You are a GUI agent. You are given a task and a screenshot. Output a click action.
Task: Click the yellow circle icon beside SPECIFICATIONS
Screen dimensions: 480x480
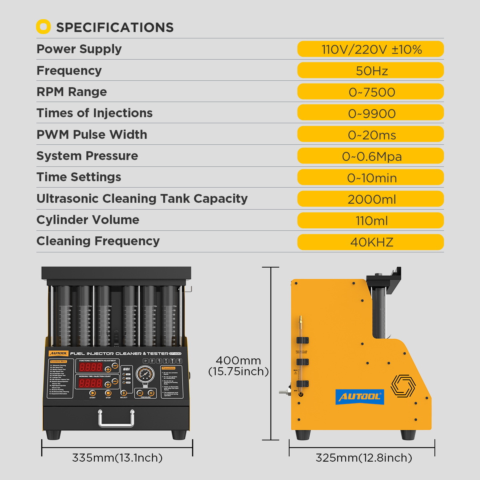[x=43, y=27]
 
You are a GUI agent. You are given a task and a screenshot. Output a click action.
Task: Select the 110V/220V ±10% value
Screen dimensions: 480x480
[x=371, y=49]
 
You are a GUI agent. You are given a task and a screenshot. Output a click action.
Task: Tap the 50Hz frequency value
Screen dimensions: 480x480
[x=371, y=71]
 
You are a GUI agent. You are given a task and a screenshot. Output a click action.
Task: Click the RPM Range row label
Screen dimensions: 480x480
[x=72, y=92]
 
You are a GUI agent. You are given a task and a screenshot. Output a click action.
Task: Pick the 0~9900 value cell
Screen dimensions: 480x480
[x=371, y=113]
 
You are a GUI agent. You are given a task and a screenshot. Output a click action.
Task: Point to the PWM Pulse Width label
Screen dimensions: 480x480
[x=92, y=134]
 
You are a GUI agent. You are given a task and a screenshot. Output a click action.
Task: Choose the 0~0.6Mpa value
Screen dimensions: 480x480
[x=371, y=156]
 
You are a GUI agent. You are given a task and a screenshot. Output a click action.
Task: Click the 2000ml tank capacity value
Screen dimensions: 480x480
[x=371, y=199]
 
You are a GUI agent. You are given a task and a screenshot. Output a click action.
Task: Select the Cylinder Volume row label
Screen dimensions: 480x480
[x=88, y=220]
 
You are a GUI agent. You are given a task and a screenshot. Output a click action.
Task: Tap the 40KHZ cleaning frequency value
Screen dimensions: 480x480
[x=371, y=242]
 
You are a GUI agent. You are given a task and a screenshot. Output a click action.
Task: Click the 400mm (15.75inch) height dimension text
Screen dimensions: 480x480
[x=238, y=366]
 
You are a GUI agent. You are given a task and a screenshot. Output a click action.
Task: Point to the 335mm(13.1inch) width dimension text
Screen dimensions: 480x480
[x=117, y=458]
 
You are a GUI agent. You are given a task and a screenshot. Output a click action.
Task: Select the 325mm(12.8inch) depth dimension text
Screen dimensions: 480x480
[x=364, y=458]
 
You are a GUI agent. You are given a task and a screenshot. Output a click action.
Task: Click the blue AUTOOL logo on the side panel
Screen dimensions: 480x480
[x=360, y=396]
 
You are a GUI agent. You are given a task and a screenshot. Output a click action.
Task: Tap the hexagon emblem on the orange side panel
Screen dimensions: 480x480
[x=403, y=386]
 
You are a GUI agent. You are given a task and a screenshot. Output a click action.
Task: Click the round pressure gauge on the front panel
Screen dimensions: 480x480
[x=145, y=375]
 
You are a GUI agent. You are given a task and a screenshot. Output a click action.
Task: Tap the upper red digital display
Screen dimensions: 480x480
[x=91, y=367]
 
